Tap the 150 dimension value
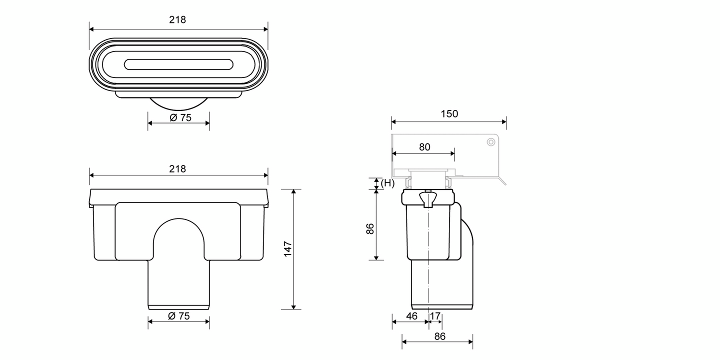449,114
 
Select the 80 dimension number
424,147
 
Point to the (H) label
387,183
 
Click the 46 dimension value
411,316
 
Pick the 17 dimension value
435,316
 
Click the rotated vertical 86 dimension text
370,229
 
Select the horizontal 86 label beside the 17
439,336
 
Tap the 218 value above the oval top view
177,20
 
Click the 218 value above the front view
177,169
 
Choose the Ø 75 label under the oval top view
179,118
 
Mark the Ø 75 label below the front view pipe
178,316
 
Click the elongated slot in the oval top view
178,64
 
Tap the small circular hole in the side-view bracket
491,142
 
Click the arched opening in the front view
178,240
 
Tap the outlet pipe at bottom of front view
178,285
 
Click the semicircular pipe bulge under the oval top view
178,103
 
